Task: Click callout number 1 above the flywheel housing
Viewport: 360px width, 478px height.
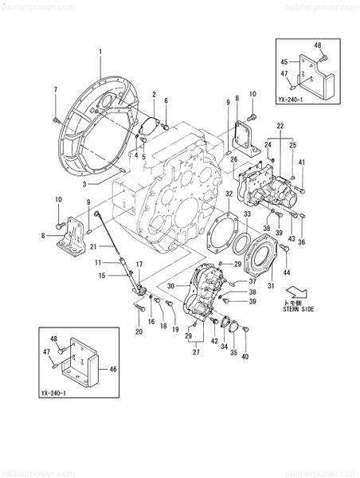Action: click(x=101, y=53)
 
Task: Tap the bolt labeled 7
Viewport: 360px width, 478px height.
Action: click(x=56, y=116)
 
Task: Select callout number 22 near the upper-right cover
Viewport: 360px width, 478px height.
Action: click(x=280, y=127)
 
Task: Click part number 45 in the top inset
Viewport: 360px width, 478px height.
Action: click(x=284, y=61)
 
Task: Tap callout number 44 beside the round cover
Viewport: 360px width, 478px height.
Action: click(x=285, y=271)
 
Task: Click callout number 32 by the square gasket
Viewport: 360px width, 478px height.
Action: click(x=228, y=193)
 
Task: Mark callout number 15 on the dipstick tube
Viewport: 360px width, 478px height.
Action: click(x=103, y=276)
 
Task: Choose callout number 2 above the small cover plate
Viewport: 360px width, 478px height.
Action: click(x=153, y=94)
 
